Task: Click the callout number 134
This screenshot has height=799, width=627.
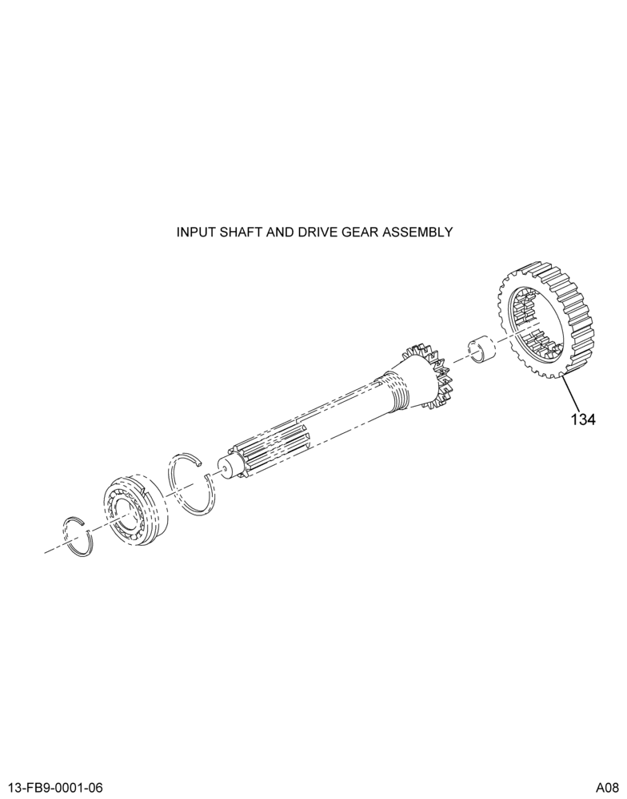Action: click(583, 419)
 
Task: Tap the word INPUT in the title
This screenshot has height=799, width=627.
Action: click(192, 233)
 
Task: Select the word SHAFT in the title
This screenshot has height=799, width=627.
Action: click(231, 233)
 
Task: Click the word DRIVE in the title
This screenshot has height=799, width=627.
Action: click(298, 233)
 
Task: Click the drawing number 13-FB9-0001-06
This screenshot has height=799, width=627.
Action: click(52, 788)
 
